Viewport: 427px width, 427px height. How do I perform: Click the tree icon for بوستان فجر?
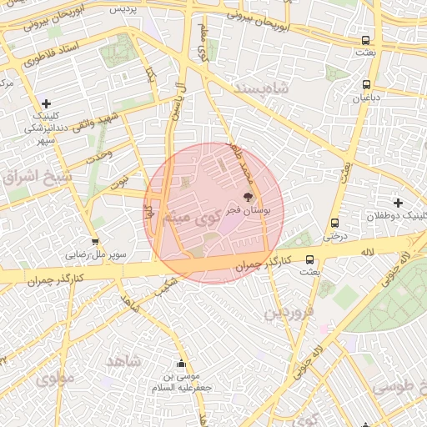click(x=247, y=197)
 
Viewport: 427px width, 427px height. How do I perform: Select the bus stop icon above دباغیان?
click(x=366, y=84)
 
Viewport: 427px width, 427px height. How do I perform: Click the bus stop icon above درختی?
click(x=334, y=223)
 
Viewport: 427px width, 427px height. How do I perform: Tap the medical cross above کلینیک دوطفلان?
click(x=398, y=203)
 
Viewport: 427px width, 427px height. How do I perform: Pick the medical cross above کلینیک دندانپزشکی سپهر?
click(x=46, y=103)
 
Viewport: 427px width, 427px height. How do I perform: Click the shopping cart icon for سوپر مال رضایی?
click(x=95, y=242)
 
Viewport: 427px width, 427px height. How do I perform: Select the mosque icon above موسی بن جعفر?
click(x=181, y=364)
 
